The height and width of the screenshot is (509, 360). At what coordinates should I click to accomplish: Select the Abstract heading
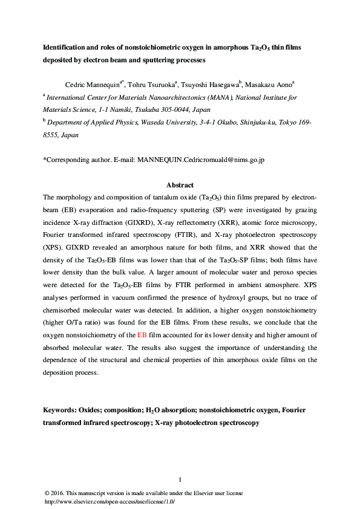180,185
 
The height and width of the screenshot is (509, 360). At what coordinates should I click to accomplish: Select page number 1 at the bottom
180,480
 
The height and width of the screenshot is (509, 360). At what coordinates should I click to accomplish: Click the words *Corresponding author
79,160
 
